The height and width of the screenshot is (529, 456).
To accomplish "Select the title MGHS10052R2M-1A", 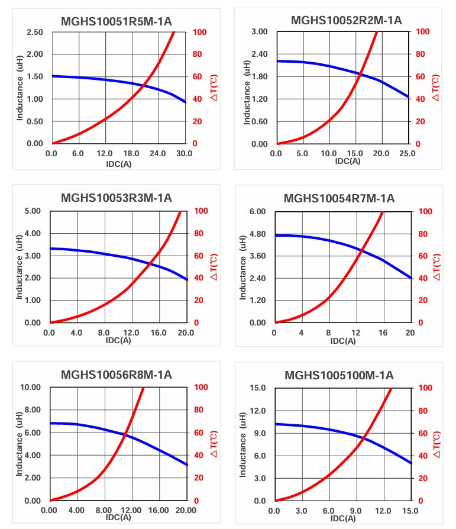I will coord(346,21).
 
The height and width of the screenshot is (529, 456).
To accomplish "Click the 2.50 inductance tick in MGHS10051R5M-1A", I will coord(35,31).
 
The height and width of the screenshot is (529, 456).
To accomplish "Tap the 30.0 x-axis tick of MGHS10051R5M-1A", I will coord(185,153).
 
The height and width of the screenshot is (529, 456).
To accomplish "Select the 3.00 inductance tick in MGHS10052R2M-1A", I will coord(260,31).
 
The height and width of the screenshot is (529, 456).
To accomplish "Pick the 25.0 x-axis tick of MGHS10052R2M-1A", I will coord(408,154).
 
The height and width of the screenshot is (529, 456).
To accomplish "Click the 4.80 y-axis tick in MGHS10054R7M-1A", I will coord(257,234).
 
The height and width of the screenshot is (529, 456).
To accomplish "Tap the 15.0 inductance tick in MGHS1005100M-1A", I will coord(259,388).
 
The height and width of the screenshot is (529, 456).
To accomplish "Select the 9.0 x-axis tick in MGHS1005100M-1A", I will coord(355,511).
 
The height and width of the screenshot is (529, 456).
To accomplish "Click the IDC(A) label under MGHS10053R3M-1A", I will coord(118,340).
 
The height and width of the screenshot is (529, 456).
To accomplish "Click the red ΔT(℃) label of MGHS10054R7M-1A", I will coord(436,267).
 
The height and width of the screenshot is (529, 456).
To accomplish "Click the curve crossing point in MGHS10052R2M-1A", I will coord(361,75).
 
